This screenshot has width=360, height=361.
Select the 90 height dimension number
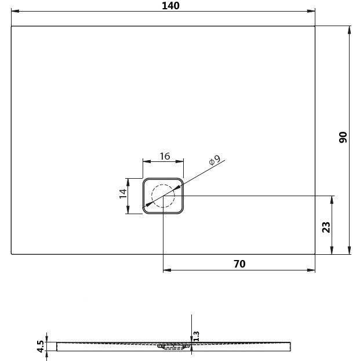point(343,138)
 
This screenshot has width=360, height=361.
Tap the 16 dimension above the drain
point(164,156)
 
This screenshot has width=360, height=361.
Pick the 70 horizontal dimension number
point(239,263)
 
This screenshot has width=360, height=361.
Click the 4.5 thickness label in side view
point(40,346)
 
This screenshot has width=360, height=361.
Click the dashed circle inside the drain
point(163,196)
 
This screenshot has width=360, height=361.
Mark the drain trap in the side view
point(172,348)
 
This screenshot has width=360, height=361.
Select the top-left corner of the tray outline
point(12,26)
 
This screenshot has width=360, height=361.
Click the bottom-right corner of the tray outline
point(315,254)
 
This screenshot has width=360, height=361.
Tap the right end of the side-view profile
point(289,346)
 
